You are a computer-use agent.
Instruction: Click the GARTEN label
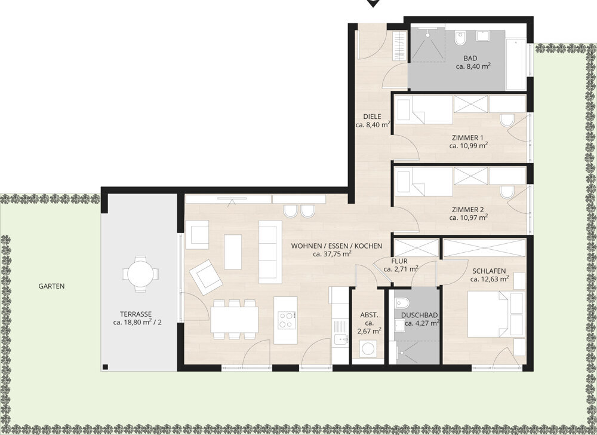coord(51,286)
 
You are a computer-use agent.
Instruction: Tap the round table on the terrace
coord(140,274)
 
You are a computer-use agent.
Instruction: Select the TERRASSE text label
coord(136,314)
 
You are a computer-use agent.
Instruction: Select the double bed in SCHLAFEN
coord(488,314)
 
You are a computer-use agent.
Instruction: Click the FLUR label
coord(399,261)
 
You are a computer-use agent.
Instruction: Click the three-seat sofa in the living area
coord(270,252)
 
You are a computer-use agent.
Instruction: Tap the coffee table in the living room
coord(233,252)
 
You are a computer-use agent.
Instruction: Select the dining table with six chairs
coord(234,319)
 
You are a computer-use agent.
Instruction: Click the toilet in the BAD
coord(460,37)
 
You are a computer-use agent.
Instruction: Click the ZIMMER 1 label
coord(467,137)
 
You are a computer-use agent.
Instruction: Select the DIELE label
coord(372,117)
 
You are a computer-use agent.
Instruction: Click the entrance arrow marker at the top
coord(373,3)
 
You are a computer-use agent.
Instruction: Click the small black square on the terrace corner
coord(106,367)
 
